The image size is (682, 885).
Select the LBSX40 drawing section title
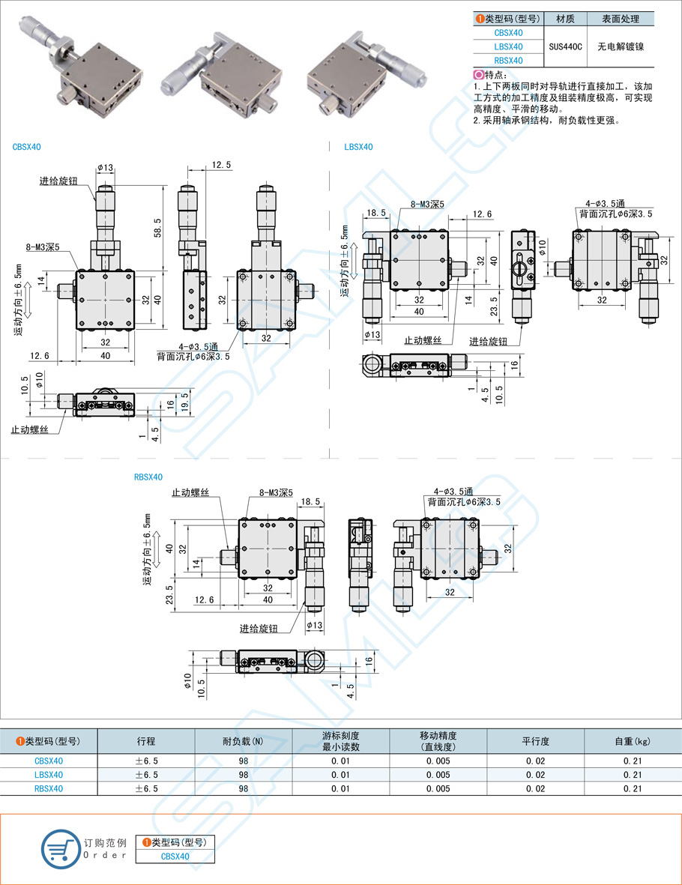tap(358, 147)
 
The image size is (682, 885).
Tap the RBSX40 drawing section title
tap(148, 477)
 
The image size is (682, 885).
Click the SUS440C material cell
tap(566, 46)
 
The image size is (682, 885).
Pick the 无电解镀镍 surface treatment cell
tap(621, 46)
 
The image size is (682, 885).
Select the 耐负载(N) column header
tap(243, 741)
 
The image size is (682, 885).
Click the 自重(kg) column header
tap(633, 741)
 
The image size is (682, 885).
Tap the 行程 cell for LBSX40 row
tap(146, 775)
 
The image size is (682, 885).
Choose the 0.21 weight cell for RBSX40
tap(633, 788)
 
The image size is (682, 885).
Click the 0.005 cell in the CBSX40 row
tap(438, 761)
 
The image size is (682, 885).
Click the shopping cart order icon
tap(59, 848)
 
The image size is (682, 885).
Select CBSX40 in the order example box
tap(175, 857)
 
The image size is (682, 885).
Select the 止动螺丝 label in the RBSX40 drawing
tap(190, 492)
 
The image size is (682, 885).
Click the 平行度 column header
tap(535, 741)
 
